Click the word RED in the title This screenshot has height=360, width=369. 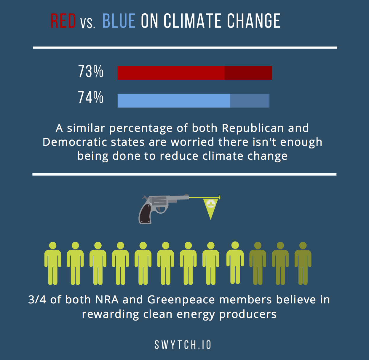pyautogui.click(x=63, y=21)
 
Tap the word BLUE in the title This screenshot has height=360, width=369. pyautogui.click(x=119, y=21)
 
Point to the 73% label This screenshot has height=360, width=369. pyautogui.click(x=91, y=72)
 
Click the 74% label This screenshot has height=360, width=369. pyautogui.click(x=91, y=97)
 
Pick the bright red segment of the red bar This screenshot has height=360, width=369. pyautogui.click(x=171, y=73)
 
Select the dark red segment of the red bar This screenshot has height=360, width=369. pyautogui.click(x=248, y=73)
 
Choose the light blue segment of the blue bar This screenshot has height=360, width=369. pyautogui.click(x=174, y=101)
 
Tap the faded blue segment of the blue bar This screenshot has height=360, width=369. pyautogui.click(x=250, y=101)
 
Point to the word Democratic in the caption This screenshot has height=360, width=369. pyautogui.click(x=75, y=142)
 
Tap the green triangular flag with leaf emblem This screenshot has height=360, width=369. pyautogui.click(x=210, y=207)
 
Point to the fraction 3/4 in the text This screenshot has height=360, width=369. pyautogui.click(x=37, y=300)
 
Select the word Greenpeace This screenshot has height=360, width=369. pyautogui.click(x=181, y=300)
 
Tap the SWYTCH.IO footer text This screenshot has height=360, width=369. pyautogui.click(x=183, y=345)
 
